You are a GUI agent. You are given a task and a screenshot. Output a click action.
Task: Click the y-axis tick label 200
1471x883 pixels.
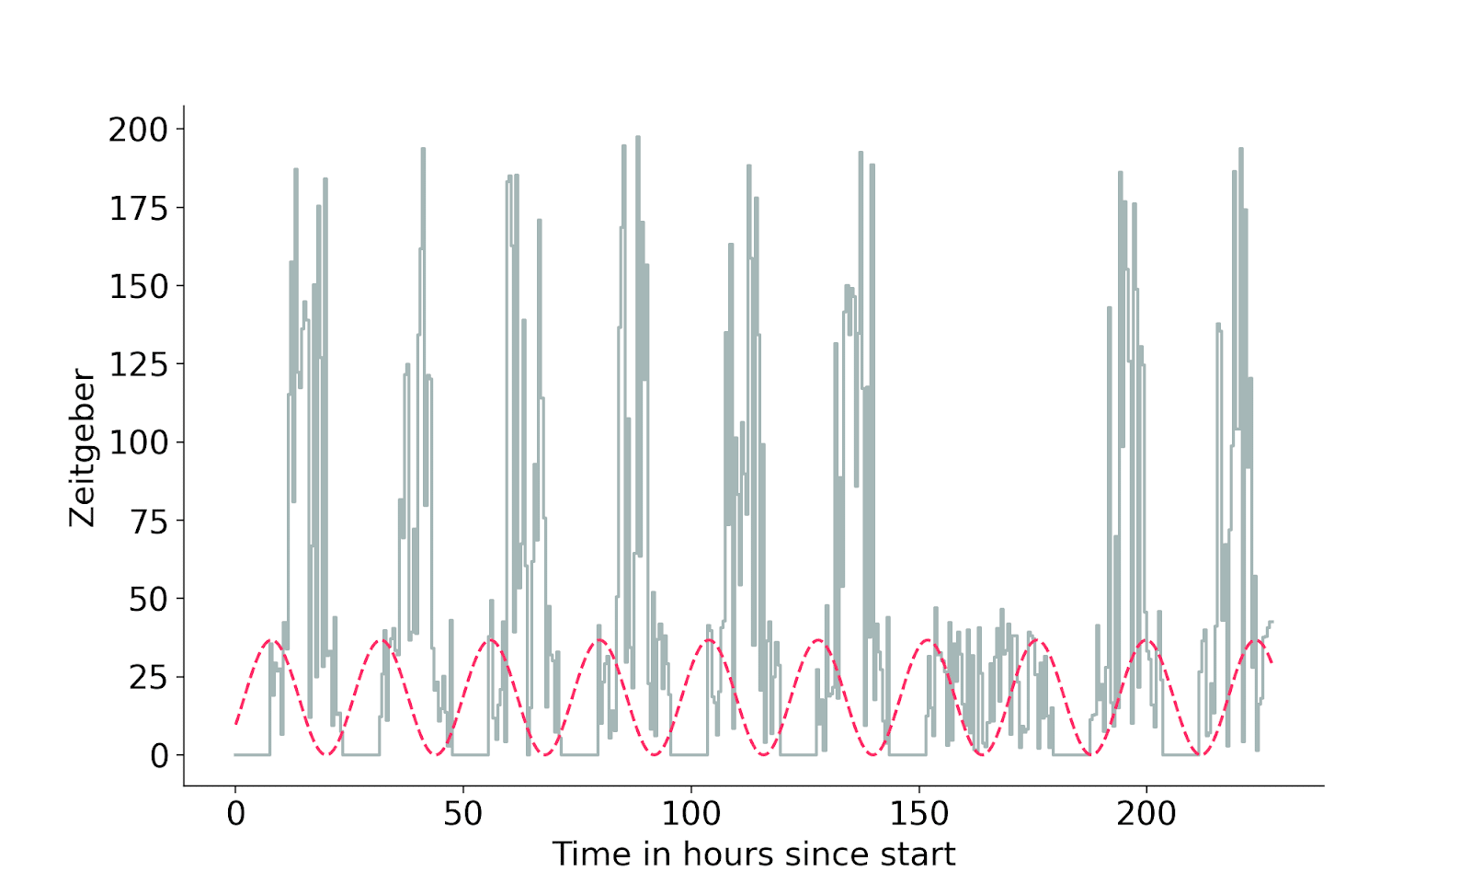click(139, 130)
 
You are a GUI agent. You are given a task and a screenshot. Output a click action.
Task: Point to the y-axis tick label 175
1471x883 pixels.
click(139, 209)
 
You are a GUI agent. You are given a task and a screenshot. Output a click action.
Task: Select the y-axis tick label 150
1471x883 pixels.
click(139, 286)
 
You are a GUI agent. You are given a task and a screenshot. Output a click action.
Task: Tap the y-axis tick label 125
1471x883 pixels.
click(139, 365)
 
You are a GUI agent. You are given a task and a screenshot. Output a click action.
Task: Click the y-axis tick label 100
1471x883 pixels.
click(139, 442)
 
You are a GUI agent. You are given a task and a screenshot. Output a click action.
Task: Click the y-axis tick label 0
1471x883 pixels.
click(160, 756)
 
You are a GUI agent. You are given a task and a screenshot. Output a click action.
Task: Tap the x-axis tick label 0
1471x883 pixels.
click(235, 813)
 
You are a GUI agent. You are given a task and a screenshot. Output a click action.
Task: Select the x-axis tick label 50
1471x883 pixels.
click(463, 813)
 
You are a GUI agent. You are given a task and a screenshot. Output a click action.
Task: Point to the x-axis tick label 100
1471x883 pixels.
click(691, 813)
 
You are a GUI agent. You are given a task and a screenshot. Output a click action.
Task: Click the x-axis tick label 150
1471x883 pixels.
click(919, 813)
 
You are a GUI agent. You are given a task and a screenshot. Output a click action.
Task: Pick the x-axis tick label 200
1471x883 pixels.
click(1146, 813)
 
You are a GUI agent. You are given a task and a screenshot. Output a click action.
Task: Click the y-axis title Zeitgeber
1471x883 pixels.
click(83, 448)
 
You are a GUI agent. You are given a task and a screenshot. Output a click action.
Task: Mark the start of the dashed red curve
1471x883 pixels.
click(235, 724)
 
